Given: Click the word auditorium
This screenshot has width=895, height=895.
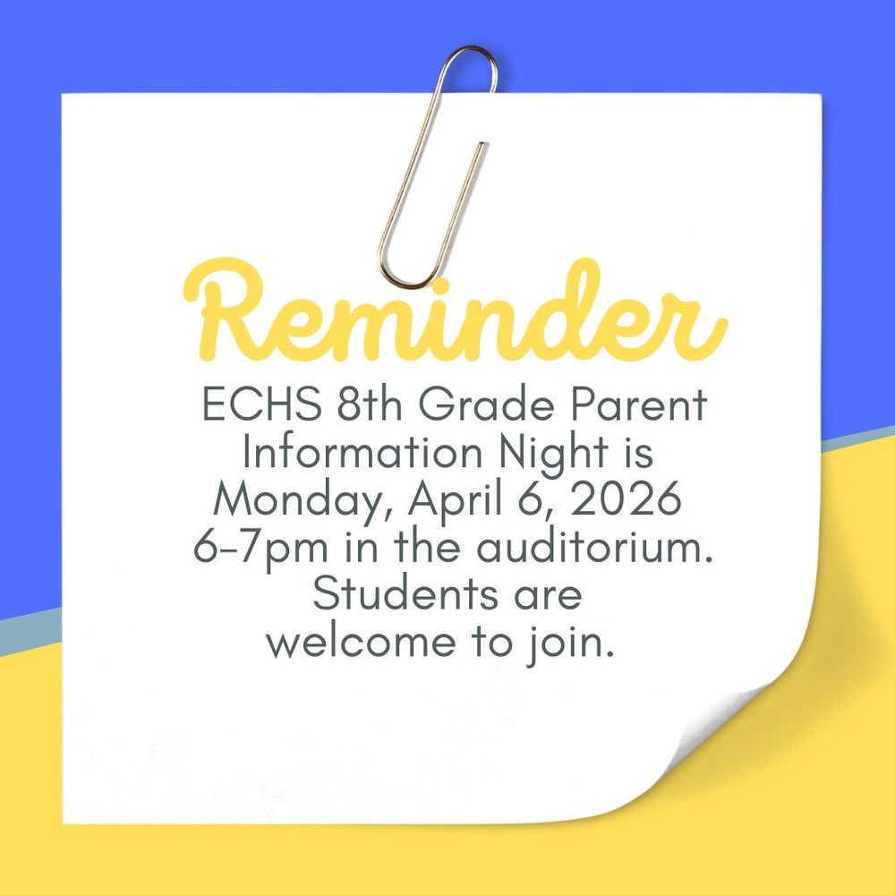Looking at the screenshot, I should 595,547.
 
